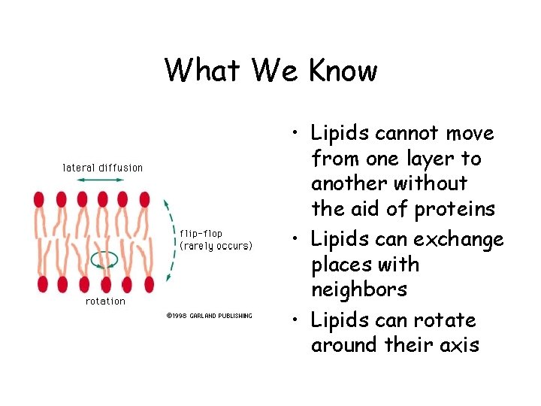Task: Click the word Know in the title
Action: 343,71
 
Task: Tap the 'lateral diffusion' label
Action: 102,167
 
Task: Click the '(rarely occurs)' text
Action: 216,246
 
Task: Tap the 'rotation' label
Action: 105,301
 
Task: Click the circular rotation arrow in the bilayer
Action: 104,260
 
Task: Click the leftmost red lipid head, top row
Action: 39,199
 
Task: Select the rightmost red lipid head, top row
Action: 144,199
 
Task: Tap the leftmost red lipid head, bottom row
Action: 42,284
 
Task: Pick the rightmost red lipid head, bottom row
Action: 149,284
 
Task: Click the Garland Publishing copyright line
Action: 209,316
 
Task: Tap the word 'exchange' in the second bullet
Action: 466,240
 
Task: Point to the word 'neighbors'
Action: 359,289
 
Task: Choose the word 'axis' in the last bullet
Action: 461,345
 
